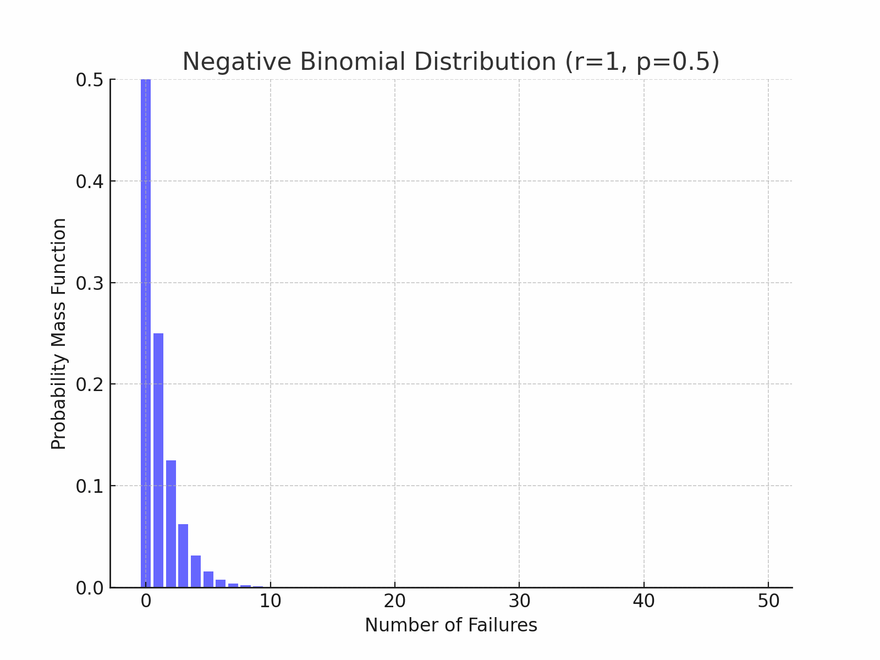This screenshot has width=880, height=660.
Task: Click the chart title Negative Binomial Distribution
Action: (x=450, y=62)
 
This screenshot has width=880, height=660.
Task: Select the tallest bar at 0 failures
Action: (x=146, y=330)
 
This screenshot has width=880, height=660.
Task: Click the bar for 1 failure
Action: (x=158, y=460)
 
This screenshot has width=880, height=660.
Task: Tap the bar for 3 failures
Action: (x=183, y=555)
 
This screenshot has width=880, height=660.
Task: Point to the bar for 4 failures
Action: (x=196, y=571)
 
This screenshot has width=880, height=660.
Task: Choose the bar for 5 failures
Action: (x=208, y=580)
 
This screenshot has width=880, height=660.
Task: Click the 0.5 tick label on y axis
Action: (x=89, y=80)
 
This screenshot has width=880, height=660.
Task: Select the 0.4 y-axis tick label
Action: (x=89, y=182)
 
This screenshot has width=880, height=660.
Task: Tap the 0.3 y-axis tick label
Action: (x=89, y=283)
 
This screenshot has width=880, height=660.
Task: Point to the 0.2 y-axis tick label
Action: (x=89, y=384)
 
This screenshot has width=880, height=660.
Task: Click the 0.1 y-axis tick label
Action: (x=89, y=486)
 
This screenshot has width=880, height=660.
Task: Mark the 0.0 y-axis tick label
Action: (x=89, y=588)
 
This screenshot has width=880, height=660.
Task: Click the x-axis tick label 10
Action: (x=270, y=602)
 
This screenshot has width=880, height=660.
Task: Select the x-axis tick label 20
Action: (x=395, y=602)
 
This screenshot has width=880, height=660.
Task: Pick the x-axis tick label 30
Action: (x=519, y=602)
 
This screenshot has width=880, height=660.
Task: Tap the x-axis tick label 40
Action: (x=644, y=602)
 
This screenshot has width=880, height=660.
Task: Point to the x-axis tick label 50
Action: (x=768, y=602)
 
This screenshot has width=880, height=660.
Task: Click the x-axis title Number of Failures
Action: (x=450, y=625)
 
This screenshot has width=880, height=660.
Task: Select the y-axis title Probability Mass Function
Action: (x=59, y=333)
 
